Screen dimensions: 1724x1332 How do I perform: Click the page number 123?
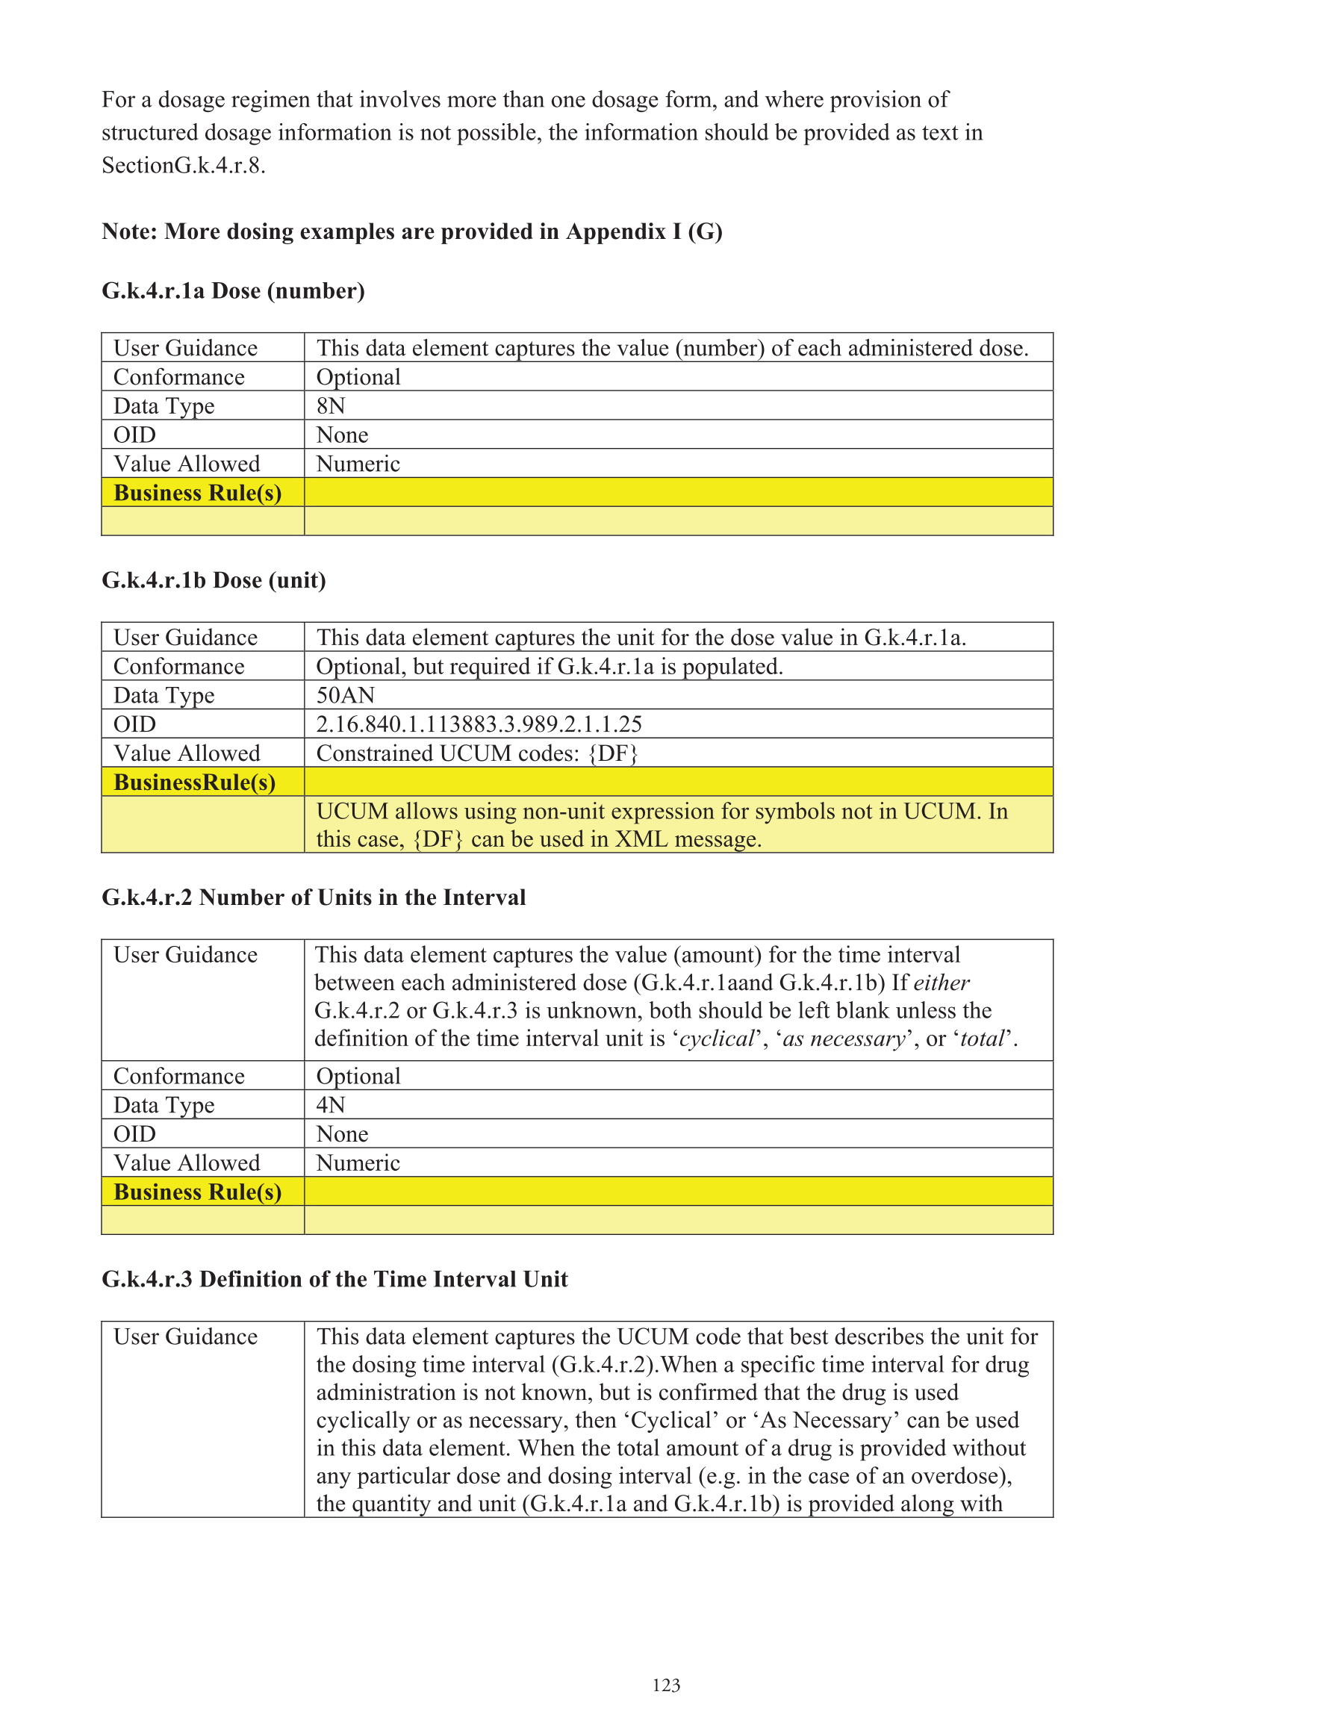pos(665,1685)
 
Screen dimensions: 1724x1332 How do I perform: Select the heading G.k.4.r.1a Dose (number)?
pos(233,291)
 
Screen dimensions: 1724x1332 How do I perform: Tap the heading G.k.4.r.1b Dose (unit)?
pos(214,580)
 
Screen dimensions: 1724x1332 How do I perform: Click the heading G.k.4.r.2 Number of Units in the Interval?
pos(314,897)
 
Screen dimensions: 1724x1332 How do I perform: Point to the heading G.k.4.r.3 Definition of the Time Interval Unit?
pos(334,1279)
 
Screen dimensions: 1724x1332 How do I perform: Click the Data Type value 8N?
pos(331,405)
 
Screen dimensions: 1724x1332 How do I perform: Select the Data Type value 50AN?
pos(345,695)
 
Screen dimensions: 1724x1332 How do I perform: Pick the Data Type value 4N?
pos(331,1105)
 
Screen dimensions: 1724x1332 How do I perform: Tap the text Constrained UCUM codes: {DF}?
pos(477,753)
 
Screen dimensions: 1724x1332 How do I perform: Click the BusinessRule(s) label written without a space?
pos(194,782)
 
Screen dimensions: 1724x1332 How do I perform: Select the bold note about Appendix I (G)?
pos(412,231)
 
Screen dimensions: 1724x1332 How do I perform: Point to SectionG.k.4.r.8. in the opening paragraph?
pos(183,166)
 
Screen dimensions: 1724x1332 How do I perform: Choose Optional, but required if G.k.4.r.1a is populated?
pos(550,667)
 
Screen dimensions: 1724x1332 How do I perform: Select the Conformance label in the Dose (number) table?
pos(179,377)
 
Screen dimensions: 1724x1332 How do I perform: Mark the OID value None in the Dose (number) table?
pos(342,435)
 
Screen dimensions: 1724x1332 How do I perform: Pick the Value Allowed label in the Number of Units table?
pos(187,1163)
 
